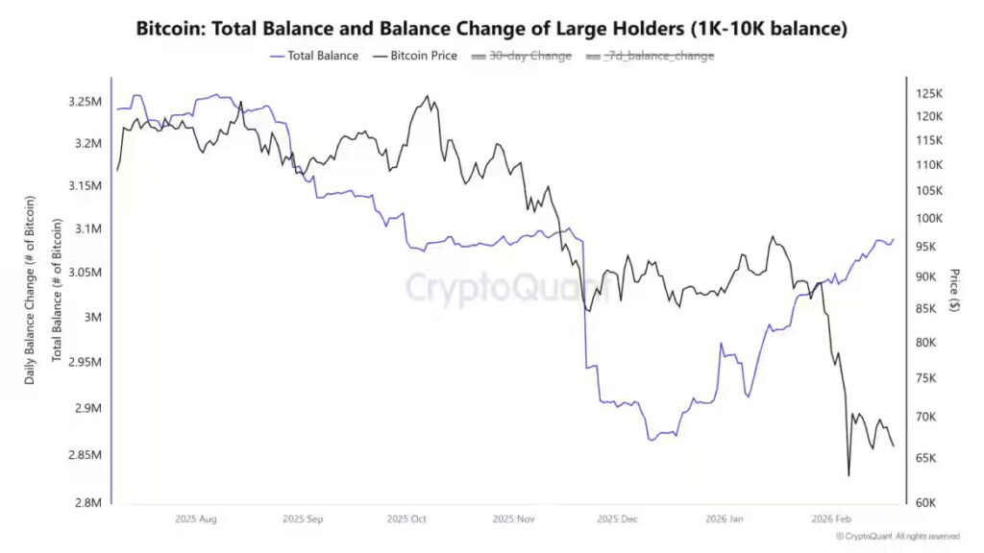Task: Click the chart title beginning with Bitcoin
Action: click(x=491, y=30)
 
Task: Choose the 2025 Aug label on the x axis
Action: click(x=196, y=519)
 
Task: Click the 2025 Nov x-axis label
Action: click(x=513, y=519)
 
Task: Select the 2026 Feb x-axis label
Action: click(x=830, y=519)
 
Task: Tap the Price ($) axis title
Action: click(x=954, y=289)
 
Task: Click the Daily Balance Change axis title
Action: click(x=31, y=290)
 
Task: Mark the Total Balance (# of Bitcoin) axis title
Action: click(x=57, y=290)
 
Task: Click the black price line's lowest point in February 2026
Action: click(x=849, y=475)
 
